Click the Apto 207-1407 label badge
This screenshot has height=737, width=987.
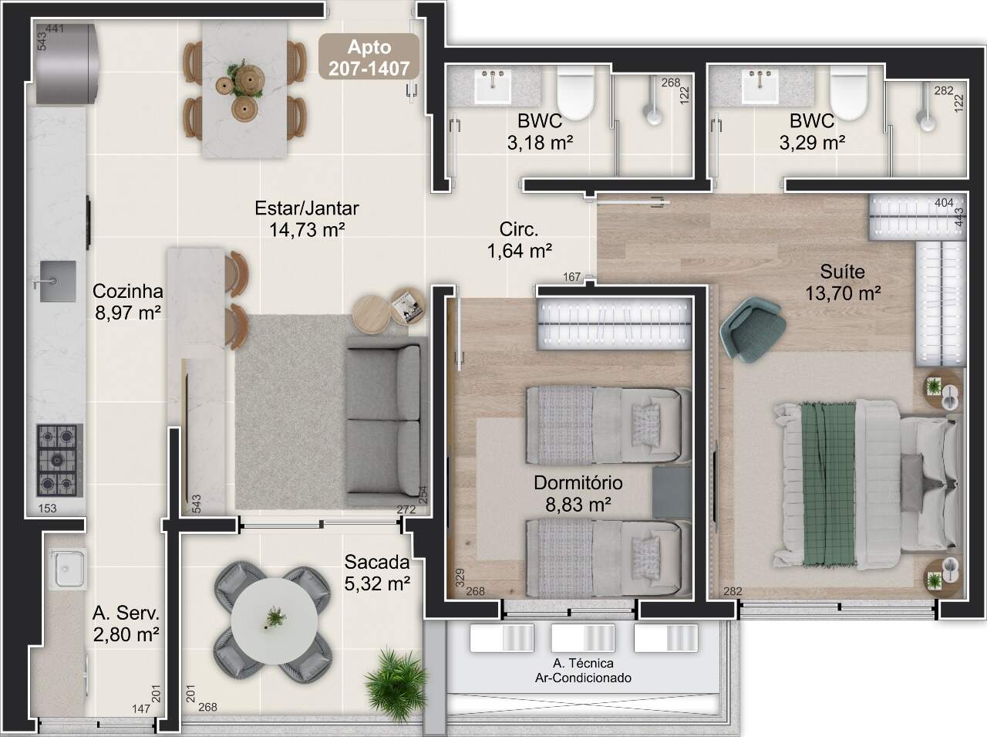click(369, 57)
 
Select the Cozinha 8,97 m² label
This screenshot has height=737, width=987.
click(128, 302)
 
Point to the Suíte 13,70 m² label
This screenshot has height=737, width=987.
click(843, 282)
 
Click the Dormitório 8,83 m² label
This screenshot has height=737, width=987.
click(578, 494)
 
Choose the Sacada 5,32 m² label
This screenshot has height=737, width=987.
click(377, 573)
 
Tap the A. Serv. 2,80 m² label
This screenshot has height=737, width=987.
click(126, 624)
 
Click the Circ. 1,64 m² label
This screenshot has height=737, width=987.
click(520, 240)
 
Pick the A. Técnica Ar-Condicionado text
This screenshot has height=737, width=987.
click(583, 671)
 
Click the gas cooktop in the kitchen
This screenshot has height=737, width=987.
click(60, 460)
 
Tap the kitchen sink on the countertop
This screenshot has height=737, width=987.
click(57, 281)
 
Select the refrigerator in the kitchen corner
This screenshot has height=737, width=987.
click(66, 64)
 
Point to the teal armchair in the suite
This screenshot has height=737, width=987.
click(753, 330)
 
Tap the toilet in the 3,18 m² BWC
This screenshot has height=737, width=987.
click(575, 93)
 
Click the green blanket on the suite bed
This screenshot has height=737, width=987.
click(829, 484)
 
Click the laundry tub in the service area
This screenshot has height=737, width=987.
click(69, 567)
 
